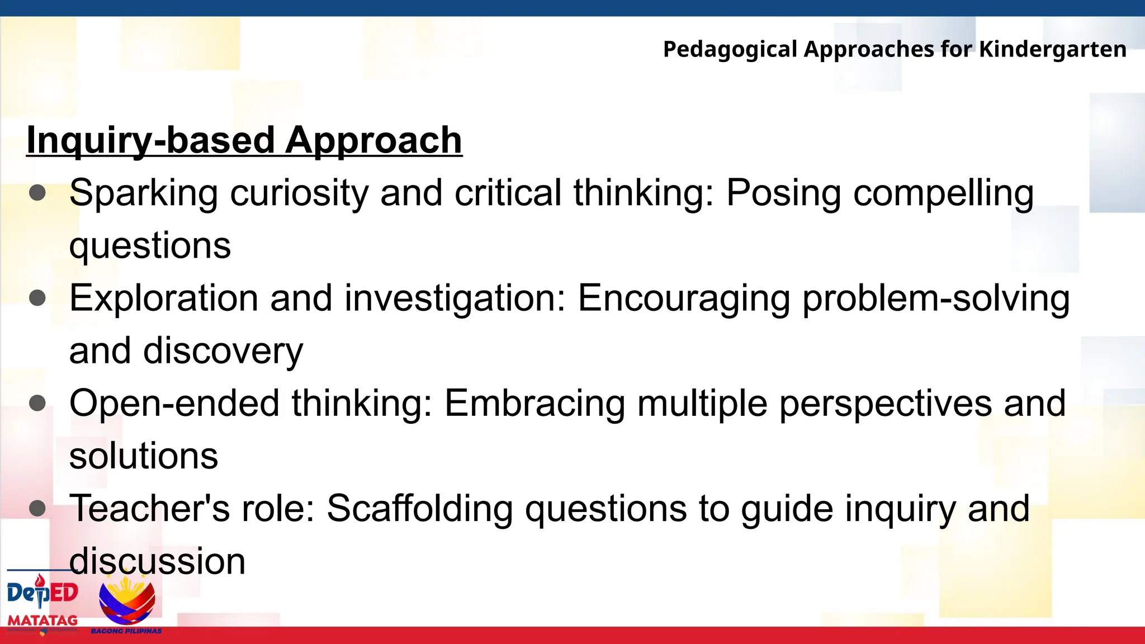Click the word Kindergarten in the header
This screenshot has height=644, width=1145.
[1052, 49]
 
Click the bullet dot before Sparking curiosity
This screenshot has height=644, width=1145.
[37, 193]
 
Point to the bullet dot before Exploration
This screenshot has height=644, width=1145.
[37, 298]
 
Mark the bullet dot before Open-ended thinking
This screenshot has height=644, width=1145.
[37, 403]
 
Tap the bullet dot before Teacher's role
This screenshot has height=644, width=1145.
[37, 508]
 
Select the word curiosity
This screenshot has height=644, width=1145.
[299, 193]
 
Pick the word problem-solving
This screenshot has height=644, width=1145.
[936, 299]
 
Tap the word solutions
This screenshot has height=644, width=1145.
[144, 456]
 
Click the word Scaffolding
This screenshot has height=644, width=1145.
[419, 509]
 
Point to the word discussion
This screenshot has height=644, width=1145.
[157, 561]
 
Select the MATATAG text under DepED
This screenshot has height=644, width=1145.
[42, 620]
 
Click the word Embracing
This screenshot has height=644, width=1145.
[534, 404]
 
